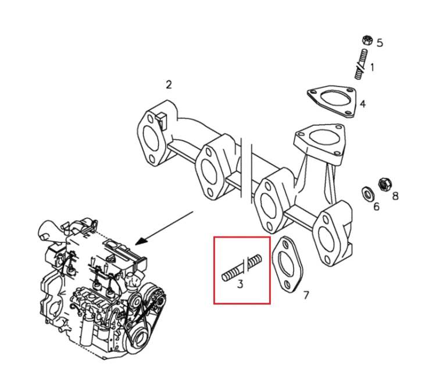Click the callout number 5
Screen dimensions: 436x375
point(380,43)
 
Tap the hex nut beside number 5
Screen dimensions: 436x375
point(367,40)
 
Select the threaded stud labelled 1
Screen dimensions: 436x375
point(361,64)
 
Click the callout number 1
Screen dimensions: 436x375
point(372,67)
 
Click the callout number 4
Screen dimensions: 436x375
point(363,104)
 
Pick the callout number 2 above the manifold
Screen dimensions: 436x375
point(169,84)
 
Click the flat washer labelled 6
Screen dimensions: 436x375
point(367,194)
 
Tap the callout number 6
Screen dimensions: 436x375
point(376,207)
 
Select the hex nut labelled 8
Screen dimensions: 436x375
point(385,184)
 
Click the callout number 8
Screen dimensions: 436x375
point(395,196)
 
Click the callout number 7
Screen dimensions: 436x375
point(306,295)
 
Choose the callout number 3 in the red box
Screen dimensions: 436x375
point(240,284)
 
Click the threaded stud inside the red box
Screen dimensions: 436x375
point(241,268)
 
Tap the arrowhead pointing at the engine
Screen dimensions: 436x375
point(142,240)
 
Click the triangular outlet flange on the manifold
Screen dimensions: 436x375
point(319,143)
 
